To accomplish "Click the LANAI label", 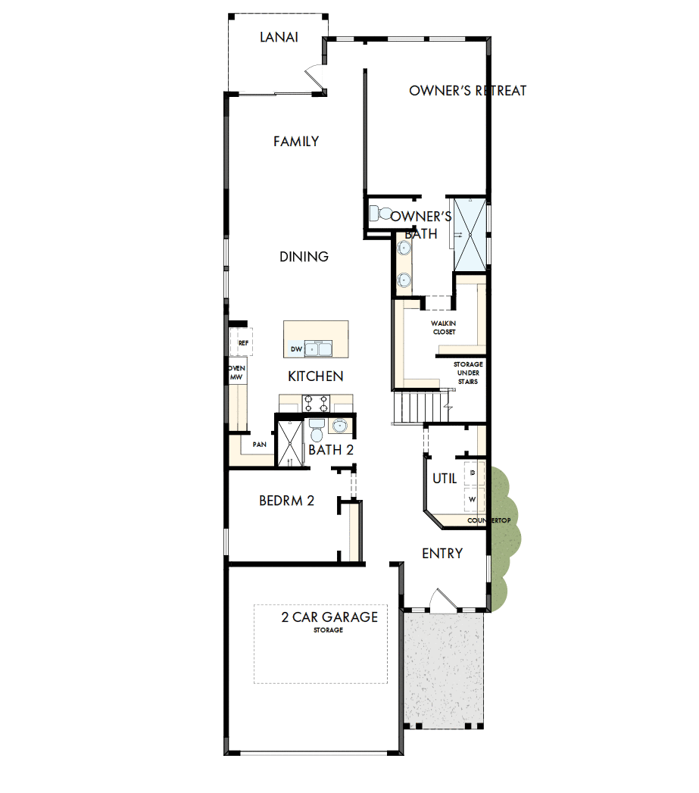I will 279,36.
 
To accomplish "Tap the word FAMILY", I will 296,142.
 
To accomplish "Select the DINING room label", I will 304,257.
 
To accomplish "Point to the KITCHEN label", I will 316,376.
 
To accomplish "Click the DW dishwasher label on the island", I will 296,350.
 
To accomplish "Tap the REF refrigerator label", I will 243,343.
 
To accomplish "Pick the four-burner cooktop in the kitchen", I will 314,402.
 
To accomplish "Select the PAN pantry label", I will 259,445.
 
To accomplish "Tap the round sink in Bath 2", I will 339,425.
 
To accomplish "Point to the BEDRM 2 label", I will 286,501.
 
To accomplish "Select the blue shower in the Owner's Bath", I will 470,233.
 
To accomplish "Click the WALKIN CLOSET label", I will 444,327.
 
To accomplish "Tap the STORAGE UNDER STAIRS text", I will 467,373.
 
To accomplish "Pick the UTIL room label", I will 444,479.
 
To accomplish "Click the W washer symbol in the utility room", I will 473,500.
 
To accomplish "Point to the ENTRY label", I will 442,554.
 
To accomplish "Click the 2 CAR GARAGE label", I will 329,617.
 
